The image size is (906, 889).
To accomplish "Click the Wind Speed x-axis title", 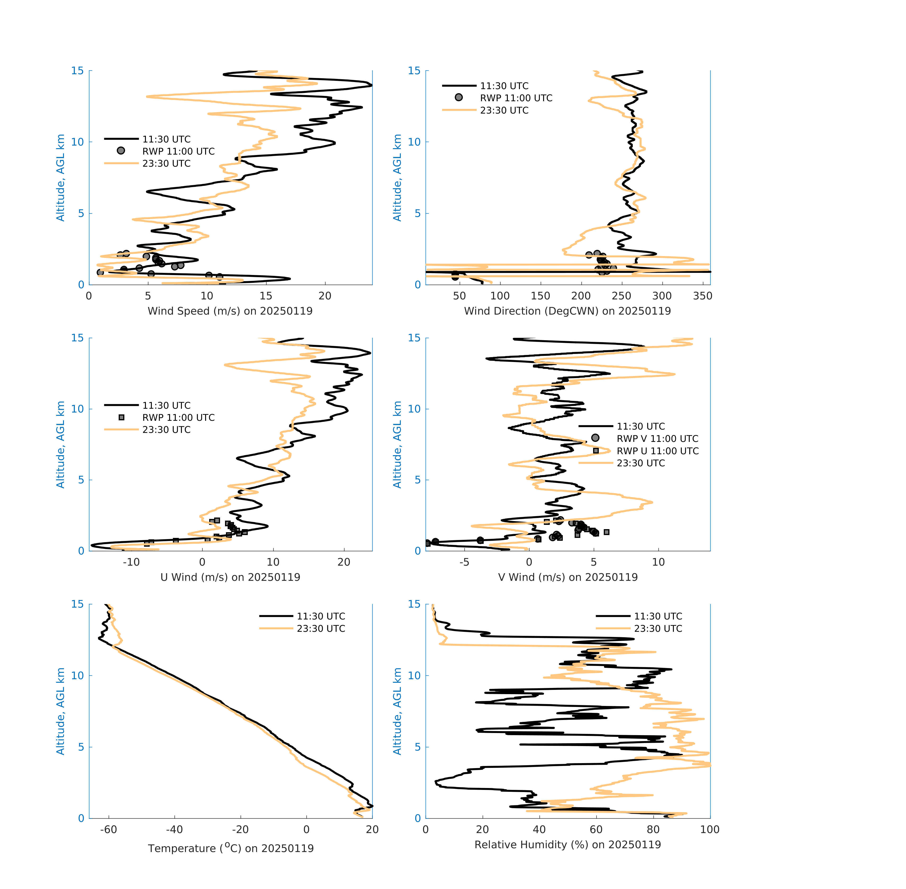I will [x=230, y=311].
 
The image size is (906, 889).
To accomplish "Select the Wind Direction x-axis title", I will [x=567, y=311].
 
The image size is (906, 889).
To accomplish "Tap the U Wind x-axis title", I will [x=230, y=577].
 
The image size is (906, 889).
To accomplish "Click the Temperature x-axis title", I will [x=230, y=848].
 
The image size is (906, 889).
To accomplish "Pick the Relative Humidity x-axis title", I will [x=567, y=844].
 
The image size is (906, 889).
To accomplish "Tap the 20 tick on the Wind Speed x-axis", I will [x=325, y=296].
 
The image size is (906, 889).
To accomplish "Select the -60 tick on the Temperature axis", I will [x=109, y=829].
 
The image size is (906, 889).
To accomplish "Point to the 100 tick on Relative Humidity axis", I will [x=710, y=829].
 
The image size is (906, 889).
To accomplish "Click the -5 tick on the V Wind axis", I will [x=464, y=562].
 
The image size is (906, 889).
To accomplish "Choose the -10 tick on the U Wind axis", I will [x=131, y=562].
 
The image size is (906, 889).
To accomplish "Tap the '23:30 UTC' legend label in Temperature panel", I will [x=321, y=628].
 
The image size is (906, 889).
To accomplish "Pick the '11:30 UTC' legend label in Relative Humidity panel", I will [x=658, y=616].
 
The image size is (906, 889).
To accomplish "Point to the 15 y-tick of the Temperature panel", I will [x=77, y=604].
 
